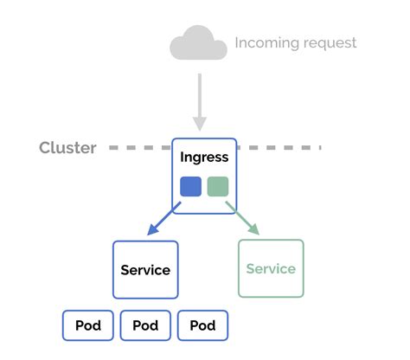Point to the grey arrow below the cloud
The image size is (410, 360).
coord(199,100)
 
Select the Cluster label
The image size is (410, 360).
coord(67,148)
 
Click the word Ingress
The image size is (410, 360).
coord(204,157)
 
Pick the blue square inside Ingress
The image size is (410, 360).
coord(190,187)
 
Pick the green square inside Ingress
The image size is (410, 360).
coord(218,187)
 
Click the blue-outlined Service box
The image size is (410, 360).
coord(145,270)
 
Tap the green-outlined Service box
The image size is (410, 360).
coord(271,268)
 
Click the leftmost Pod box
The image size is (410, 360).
coord(88,325)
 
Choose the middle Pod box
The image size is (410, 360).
coord(145,325)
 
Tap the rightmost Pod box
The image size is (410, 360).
coord(202,325)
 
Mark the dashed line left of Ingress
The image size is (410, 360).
coord(138,148)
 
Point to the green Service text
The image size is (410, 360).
coord(271,268)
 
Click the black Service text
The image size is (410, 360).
coord(145,270)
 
